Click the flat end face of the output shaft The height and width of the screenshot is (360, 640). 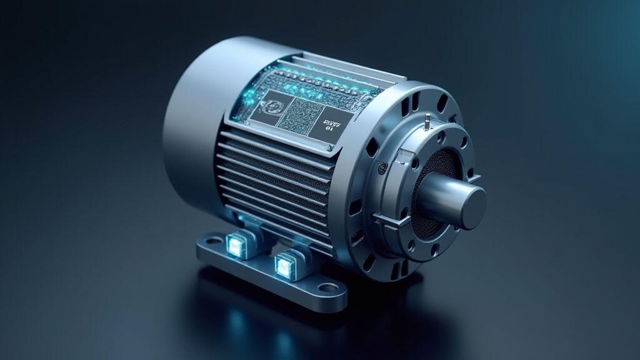[467, 204]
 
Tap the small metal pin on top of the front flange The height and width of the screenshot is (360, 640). [425, 118]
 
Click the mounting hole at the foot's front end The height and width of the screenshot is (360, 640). [327, 289]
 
